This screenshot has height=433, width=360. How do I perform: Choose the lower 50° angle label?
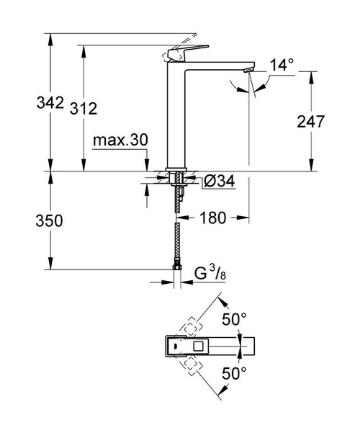pyautogui.click(x=233, y=373)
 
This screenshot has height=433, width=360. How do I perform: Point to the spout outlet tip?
pyautogui.click(x=249, y=70)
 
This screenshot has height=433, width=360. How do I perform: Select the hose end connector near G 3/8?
pyautogui.click(x=176, y=272)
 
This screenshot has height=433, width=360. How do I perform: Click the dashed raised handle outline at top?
pyautogui.click(x=184, y=37)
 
